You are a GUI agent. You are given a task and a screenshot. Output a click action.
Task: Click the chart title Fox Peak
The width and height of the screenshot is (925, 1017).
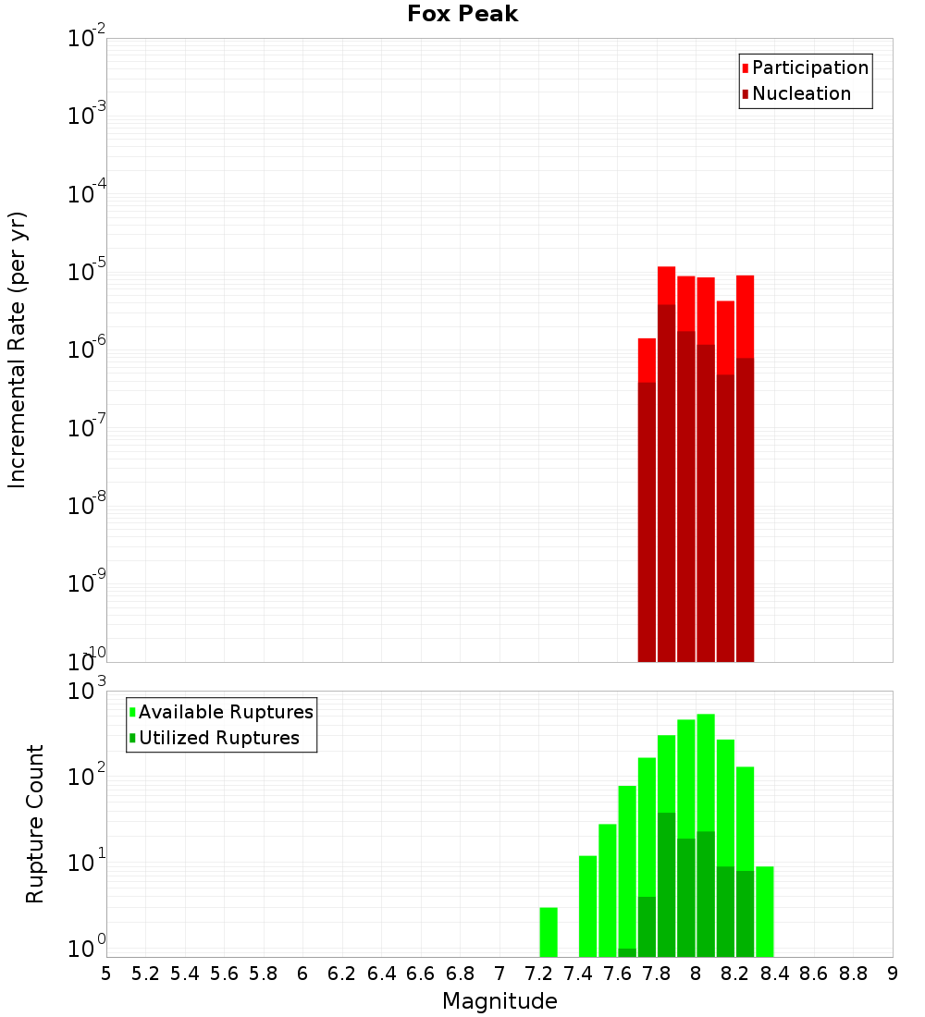tap(462, 15)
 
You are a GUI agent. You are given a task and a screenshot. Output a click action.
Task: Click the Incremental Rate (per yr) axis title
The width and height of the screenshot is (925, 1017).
tap(18, 349)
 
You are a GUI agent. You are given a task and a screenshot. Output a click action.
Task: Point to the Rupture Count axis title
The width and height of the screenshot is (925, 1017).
tap(35, 823)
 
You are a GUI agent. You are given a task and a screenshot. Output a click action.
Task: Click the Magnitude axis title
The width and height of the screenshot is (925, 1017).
tap(499, 1001)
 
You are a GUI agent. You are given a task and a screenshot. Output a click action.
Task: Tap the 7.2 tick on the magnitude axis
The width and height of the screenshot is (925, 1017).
tap(538, 974)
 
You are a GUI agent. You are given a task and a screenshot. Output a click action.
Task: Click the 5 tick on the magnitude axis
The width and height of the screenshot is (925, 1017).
tap(106, 974)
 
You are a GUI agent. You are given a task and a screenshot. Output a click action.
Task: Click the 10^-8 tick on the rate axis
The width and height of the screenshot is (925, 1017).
tap(87, 507)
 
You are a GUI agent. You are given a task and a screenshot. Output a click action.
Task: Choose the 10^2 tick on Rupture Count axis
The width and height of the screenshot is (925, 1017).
tap(89, 778)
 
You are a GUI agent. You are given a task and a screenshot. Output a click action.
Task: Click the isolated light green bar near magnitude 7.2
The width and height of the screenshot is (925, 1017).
tap(549, 932)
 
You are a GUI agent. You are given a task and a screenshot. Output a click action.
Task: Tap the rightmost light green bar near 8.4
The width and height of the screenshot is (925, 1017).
tap(765, 911)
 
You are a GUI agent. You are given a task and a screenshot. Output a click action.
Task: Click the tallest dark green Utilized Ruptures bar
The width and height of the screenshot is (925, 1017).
tap(666, 884)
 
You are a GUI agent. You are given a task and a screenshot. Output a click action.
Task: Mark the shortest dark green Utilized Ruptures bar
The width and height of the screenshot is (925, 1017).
tap(627, 952)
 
